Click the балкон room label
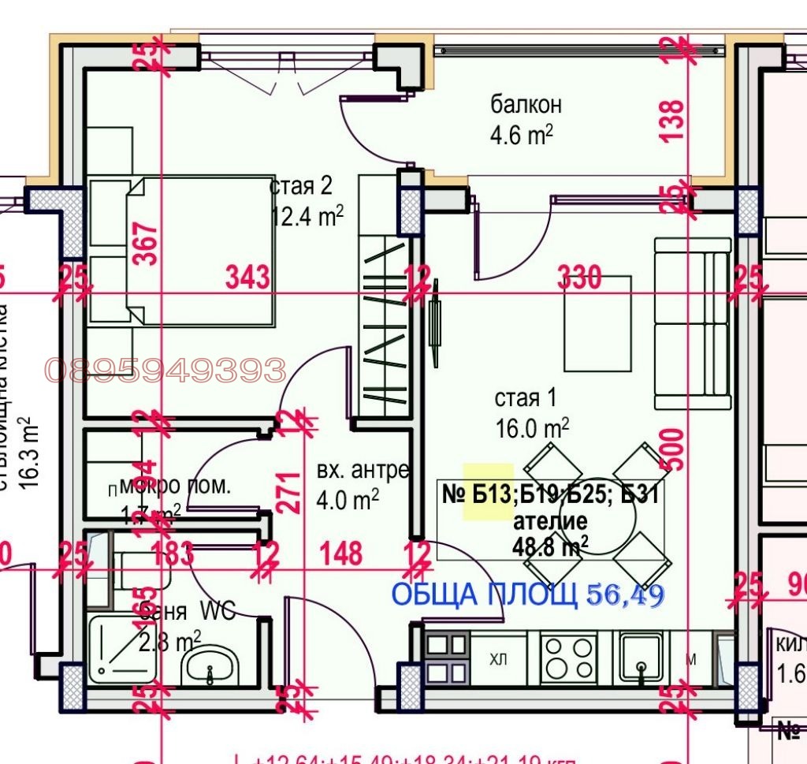click(x=526, y=104)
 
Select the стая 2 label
click(x=301, y=186)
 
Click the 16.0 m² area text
click(x=532, y=428)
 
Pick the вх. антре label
click(x=363, y=471)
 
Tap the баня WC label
click(x=186, y=610)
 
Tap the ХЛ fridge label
click(x=498, y=658)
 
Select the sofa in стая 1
click(x=691, y=323)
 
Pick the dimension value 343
click(x=247, y=277)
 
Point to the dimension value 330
click(x=579, y=278)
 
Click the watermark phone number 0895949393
click(x=165, y=369)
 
